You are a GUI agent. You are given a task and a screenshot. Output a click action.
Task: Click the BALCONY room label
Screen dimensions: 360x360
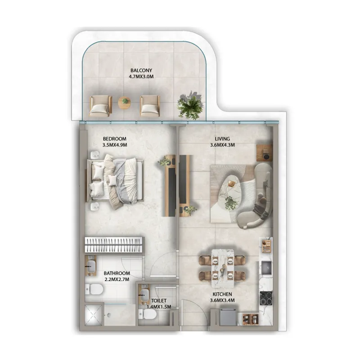pyautogui.click(x=141, y=71)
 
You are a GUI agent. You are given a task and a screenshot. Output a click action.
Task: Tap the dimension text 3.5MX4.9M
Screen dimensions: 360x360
pyautogui.click(x=115, y=145)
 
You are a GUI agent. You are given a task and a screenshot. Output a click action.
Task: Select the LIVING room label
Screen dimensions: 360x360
pyautogui.click(x=222, y=139)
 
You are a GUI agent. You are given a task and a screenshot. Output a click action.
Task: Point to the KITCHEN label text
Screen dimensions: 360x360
pyautogui.click(x=222, y=294)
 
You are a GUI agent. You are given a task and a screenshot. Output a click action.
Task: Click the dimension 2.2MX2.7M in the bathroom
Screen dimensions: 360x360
pyautogui.click(x=117, y=279)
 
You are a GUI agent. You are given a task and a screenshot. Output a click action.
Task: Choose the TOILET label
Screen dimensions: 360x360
pyautogui.click(x=159, y=301)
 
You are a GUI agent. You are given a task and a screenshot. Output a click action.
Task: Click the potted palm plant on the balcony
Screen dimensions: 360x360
pyautogui.click(x=190, y=105)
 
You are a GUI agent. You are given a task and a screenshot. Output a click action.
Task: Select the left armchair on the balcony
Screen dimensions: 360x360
pyautogui.click(x=100, y=106)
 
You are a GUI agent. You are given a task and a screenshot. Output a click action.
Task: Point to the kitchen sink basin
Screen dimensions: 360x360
pyautogui.click(x=266, y=268)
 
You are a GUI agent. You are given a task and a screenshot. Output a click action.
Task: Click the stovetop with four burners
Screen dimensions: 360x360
pyautogui.click(x=266, y=298)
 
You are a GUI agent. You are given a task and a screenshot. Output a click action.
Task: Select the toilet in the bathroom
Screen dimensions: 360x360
pyautogui.click(x=94, y=289)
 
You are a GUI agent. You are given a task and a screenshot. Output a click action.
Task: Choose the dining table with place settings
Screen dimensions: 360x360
pyautogui.click(x=223, y=268)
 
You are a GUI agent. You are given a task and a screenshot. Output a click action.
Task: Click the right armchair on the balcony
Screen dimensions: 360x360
pyautogui.click(x=150, y=106)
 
